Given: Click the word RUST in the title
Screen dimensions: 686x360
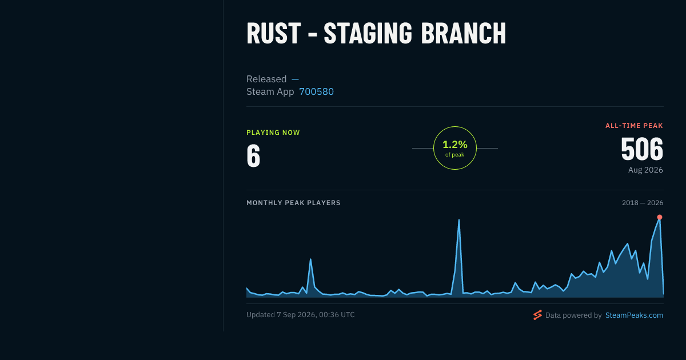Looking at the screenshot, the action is point(273,34).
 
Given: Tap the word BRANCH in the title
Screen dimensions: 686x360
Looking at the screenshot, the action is point(464,34).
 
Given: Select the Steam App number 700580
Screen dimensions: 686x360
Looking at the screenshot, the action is point(316,91).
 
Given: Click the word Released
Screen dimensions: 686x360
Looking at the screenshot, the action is point(266,79).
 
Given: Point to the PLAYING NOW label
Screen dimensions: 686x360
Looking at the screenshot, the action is point(273,133).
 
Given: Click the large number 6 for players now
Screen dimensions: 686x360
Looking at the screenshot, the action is point(253,156).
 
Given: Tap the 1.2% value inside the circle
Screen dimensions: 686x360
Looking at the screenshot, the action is point(455,145).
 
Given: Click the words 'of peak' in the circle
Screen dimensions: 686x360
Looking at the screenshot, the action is point(455,155).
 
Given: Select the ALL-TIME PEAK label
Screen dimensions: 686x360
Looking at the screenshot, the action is point(634,126).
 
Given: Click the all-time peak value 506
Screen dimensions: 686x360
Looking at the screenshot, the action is point(642,149).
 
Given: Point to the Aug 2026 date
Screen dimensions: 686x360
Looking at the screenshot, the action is point(645,170).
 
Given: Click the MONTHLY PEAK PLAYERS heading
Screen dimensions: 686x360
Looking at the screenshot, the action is point(293,203).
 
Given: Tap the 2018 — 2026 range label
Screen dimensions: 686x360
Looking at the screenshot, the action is point(643,203).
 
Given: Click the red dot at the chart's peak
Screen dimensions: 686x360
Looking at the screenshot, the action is point(660,217).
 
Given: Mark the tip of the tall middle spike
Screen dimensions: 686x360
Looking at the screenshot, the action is point(458,220).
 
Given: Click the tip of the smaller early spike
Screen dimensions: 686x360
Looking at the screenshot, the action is point(310,259).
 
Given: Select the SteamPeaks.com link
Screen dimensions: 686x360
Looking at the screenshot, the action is point(634,315).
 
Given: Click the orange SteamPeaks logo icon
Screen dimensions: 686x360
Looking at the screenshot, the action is point(537,315).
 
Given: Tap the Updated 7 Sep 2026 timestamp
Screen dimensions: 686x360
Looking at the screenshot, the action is point(301,315).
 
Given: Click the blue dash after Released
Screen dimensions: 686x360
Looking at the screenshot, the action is point(295,79).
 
